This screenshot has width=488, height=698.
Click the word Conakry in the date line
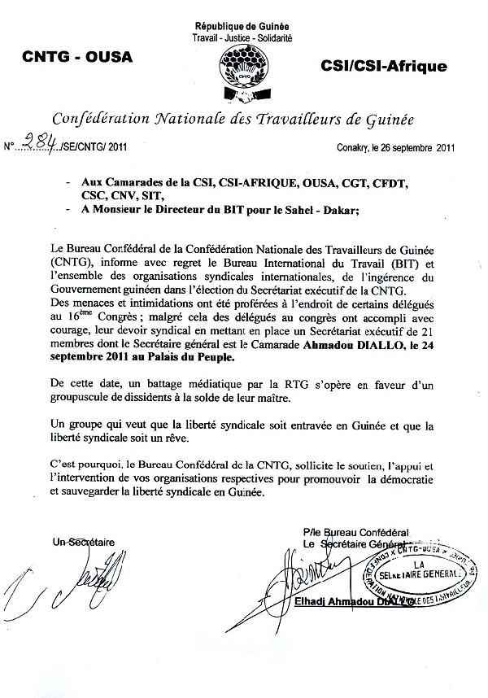click(354, 148)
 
